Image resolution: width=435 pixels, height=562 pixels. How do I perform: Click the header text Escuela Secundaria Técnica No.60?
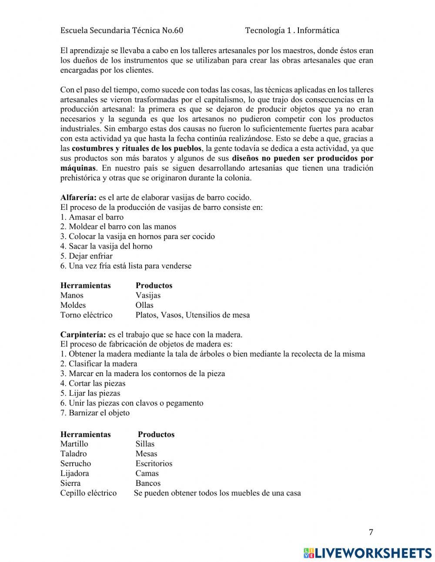pyautogui.click(x=122, y=30)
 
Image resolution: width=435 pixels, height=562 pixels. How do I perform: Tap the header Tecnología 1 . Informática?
pyautogui.click(x=292, y=30)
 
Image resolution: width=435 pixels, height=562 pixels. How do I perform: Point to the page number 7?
pyautogui.click(x=371, y=532)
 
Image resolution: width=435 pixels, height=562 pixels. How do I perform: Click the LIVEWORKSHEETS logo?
pyautogui.click(x=368, y=552)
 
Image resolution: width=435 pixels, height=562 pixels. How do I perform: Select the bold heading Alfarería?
pyautogui.click(x=79, y=197)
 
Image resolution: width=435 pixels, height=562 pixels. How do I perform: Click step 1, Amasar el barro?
pyautogui.click(x=92, y=217)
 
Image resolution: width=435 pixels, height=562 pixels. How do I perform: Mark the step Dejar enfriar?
pyautogui.click(x=86, y=256)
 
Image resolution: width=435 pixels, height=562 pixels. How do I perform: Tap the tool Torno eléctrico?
pyautogui.click(x=86, y=315)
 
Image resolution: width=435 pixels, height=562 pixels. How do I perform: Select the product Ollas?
pyautogui.click(x=144, y=305)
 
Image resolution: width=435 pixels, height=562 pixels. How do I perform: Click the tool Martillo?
pyautogui.click(x=74, y=444)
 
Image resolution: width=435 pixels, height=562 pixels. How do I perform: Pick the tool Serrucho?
pyautogui.click(x=76, y=464)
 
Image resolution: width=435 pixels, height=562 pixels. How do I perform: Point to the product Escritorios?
pyautogui.click(x=154, y=464)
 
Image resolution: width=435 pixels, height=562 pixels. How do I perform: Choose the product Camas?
pyautogui.click(x=147, y=473)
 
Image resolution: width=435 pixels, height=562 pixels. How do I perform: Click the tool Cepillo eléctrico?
pyautogui.click(x=88, y=493)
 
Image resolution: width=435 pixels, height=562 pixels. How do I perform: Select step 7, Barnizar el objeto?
pyautogui.click(x=95, y=413)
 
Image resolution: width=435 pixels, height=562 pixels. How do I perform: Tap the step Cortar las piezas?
pyautogui.click(x=93, y=384)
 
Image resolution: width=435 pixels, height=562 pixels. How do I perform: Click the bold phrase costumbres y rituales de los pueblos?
pyautogui.click(x=137, y=148)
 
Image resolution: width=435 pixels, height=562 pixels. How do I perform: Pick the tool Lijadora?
pyautogui.click(x=74, y=473)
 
